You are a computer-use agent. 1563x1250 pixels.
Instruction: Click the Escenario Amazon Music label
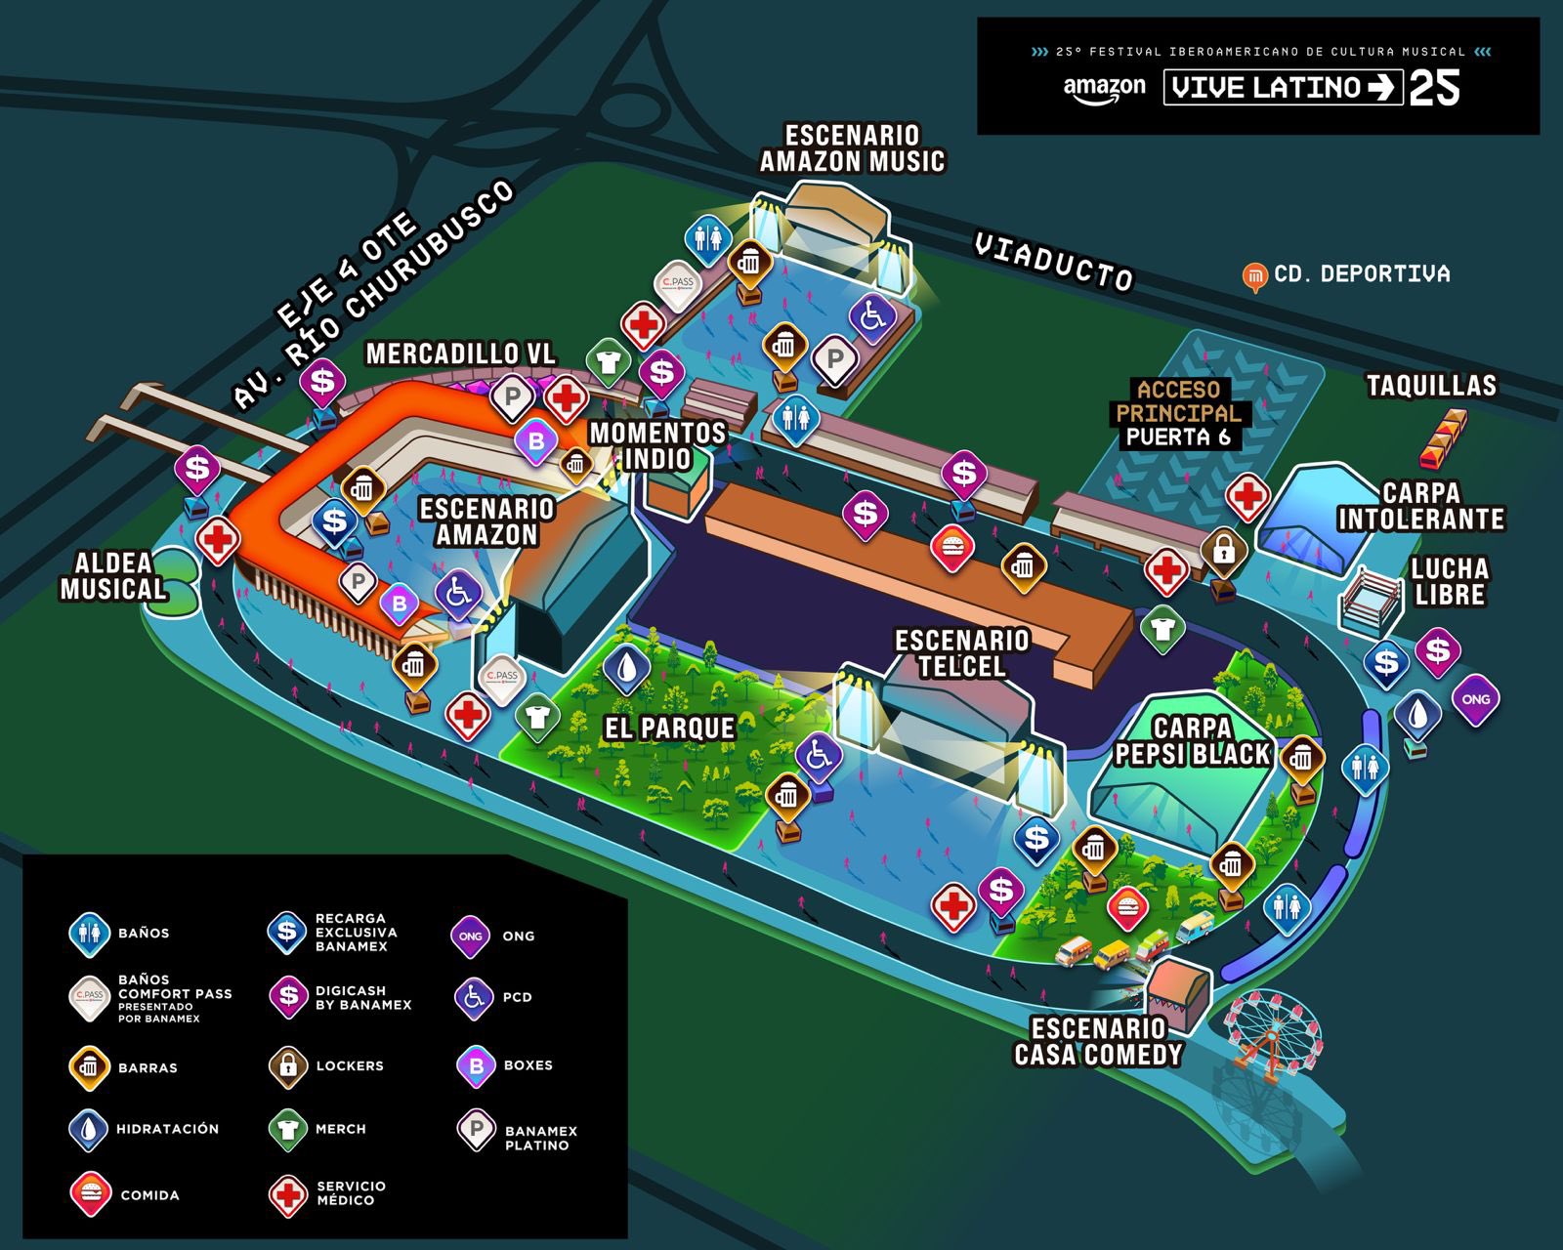(x=852, y=148)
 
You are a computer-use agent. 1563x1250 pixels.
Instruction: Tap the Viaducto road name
(x=1053, y=262)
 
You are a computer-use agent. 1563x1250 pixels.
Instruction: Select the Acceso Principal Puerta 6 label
(x=1178, y=413)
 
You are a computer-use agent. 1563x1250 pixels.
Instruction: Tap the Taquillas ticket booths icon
(x=1444, y=437)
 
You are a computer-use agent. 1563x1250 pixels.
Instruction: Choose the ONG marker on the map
(x=1475, y=699)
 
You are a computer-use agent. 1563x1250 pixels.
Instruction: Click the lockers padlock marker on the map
(x=1224, y=552)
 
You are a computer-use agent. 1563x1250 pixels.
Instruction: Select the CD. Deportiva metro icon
(x=1254, y=276)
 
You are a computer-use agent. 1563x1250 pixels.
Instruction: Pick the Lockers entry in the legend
(x=326, y=1066)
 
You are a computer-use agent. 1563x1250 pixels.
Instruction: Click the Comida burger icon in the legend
(x=90, y=1193)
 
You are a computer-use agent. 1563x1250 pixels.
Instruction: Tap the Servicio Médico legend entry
(x=327, y=1193)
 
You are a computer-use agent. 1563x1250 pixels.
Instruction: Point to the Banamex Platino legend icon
(x=477, y=1130)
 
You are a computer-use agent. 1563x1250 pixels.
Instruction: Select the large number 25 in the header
(x=1434, y=89)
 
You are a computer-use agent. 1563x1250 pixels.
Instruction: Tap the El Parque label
(x=669, y=728)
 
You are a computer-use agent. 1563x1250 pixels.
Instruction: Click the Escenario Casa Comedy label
(x=1098, y=1042)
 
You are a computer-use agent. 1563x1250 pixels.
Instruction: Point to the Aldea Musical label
(x=113, y=576)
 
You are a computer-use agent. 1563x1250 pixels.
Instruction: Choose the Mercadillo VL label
(x=460, y=354)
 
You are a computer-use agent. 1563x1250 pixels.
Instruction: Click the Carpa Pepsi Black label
(x=1193, y=741)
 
